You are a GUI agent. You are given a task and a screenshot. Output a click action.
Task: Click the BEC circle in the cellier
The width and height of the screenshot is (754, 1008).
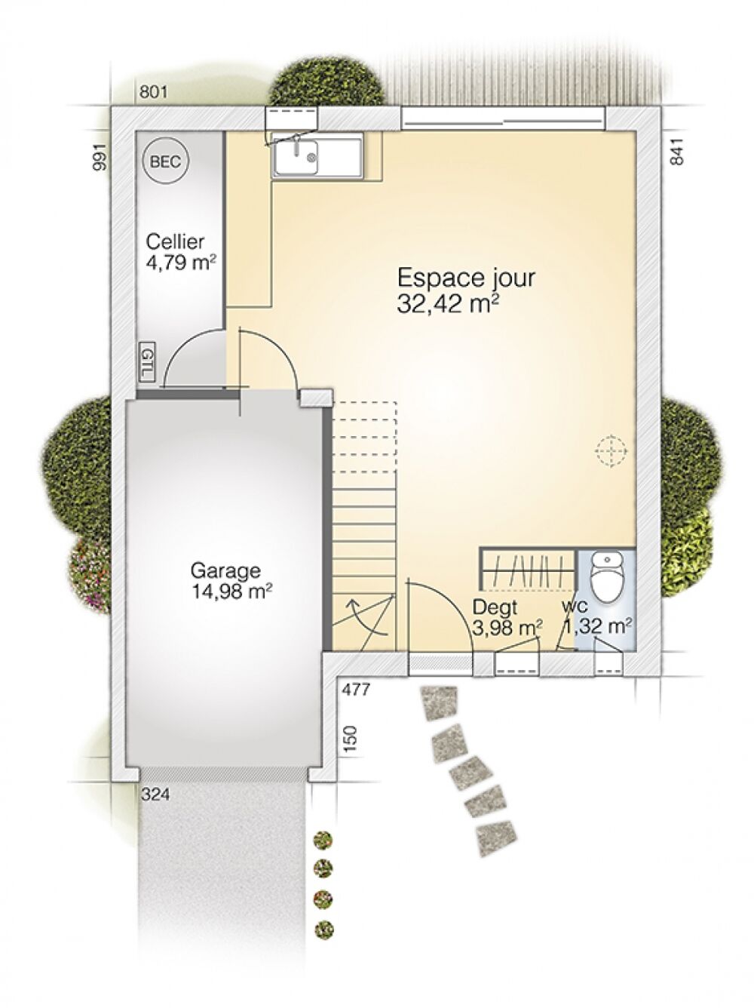tap(166, 161)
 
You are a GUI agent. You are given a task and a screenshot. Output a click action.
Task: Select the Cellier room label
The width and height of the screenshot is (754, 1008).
tap(175, 241)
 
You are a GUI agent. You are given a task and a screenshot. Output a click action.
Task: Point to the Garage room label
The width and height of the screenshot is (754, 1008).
tap(225, 571)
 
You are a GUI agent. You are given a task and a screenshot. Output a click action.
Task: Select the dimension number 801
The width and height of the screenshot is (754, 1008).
tap(154, 92)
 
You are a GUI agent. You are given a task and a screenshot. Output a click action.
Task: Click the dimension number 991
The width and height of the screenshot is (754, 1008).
tap(100, 157)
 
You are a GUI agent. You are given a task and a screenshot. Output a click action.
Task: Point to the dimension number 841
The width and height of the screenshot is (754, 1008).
tap(679, 152)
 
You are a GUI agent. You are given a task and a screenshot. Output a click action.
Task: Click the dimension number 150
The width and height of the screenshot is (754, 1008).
tap(350, 740)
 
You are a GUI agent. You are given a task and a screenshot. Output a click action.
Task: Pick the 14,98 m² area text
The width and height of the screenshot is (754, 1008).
tap(231, 592)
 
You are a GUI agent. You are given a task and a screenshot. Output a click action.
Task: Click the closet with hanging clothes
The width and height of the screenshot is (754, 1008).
tap(527, 570)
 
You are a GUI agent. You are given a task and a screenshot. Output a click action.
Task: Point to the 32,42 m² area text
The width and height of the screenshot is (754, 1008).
tap(449, 304)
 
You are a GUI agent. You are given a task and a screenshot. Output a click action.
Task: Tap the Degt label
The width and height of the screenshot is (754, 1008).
tap(495, 608)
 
